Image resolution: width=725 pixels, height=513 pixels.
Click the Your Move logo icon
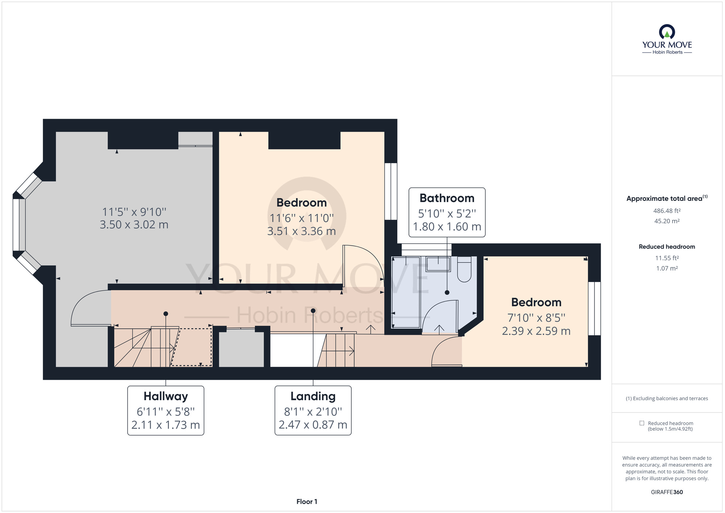667,32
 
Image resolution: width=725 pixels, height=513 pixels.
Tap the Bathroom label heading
447,198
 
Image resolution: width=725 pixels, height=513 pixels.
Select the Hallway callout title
166,396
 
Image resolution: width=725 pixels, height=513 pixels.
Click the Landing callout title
313,396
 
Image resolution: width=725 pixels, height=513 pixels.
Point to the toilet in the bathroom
464,269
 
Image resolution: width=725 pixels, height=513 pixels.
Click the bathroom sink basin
438,264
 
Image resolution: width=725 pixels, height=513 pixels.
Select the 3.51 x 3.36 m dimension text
301,231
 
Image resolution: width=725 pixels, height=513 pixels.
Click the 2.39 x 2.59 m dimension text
536,331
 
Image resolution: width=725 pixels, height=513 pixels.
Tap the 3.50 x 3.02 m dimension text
134,225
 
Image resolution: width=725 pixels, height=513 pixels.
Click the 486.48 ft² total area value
667,211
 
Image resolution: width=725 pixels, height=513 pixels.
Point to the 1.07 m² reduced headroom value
667,268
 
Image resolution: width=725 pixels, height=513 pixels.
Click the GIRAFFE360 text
667,492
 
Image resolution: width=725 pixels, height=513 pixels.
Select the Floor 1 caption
307,502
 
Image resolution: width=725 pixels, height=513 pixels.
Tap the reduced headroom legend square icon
642,423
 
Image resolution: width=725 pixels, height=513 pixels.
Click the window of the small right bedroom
594,308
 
